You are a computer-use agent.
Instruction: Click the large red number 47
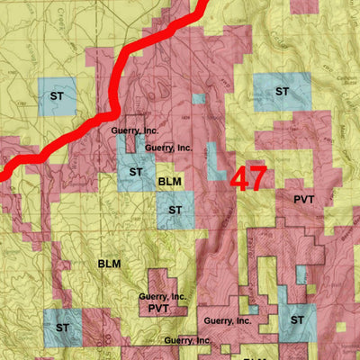[247, 177]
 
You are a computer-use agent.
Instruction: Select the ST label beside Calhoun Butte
[282, 91]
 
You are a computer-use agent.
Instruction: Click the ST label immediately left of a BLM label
[137, 171]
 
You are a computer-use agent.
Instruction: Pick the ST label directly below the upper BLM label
[175, 210]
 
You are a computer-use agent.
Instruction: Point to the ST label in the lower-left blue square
[63, 327]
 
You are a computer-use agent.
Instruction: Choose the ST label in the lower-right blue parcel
[296, 319]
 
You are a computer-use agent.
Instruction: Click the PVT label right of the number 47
[303, 198]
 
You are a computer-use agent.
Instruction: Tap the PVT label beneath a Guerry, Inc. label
[159, 309]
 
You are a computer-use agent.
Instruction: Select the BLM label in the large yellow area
[110, 264]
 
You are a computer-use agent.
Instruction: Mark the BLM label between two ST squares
[170, 182]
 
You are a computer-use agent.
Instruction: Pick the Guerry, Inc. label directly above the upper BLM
[168, 147]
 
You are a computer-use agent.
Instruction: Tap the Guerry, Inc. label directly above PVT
[163, 295]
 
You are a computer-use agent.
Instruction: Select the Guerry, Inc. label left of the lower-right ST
[227, 320]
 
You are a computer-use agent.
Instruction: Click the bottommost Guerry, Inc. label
[189, 340]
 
